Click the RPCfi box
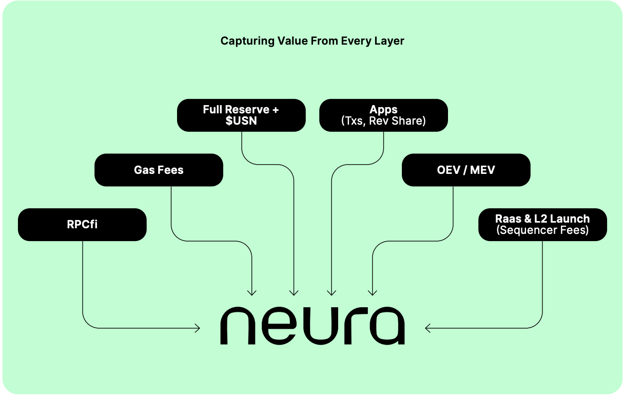pyautogui.click(x=82, y=224)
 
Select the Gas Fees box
pyautogui.click(x=159, y=170)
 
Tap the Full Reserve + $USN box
pyautogui.click(x=241, y=115)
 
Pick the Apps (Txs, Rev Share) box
pyautogui.click(x=383, y=115)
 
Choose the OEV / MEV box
pyautogui.click(x=466, y=170)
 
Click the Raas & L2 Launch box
pyautogui.click(x=542, y=224)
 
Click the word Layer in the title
pyautogui.click(x=390, y=41)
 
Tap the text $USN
pyautogui.click(x=241, y=121)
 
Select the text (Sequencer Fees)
pyautogui.click(x=542, y=230)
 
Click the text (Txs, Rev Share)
pyautogui.click(x=383, y=121)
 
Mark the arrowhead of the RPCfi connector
pyautogui.click(x=198, y=328)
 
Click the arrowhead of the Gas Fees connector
pyautogui.click(x=251, y=294)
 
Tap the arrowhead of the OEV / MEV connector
pyautogui.click(x=372, y=294)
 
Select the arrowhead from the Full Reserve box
pyautogui.click(x=294, y=294)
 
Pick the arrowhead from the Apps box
pyautogui.click(x=331, y=294)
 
